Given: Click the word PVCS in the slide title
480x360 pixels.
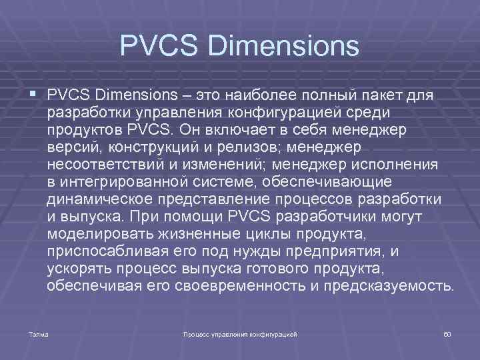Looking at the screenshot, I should coord(159,46).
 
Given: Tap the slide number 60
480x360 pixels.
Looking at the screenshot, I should coord(447,333).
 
